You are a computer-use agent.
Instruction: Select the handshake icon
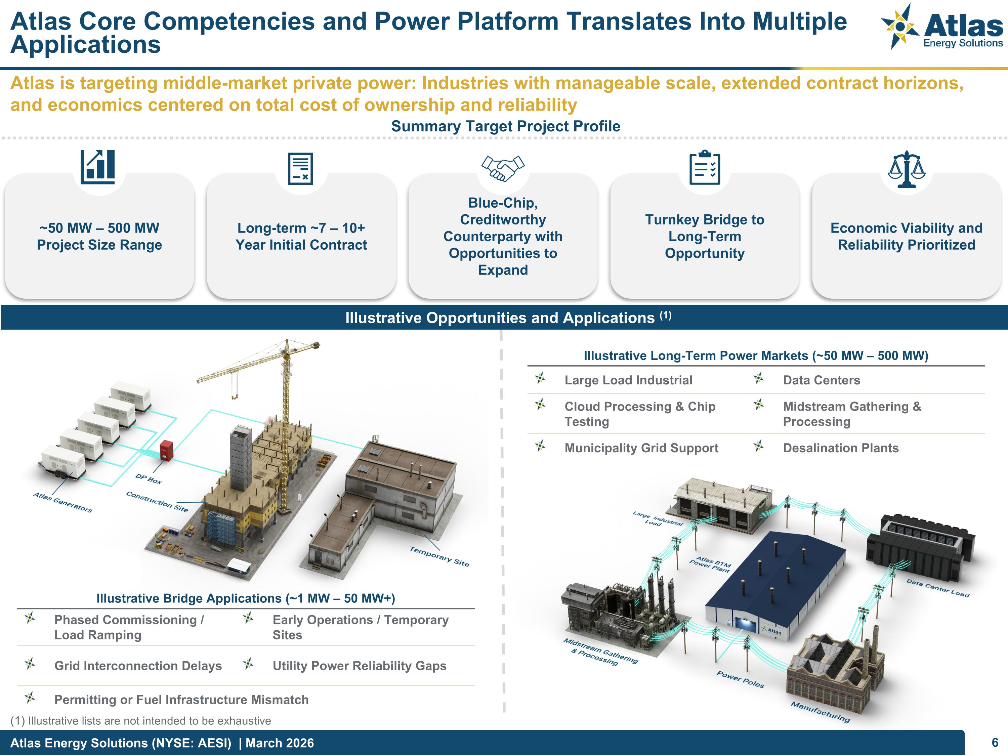point(503,168)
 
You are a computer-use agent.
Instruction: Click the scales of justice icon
point(907,169)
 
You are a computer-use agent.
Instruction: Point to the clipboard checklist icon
point(705,168)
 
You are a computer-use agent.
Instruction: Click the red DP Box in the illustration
point(166,450)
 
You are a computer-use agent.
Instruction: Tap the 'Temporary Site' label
point(439,556)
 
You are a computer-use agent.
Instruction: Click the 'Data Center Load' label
point(937,588)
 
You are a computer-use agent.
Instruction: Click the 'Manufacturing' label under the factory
point(820,711)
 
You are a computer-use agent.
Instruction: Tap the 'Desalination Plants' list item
point(840,448)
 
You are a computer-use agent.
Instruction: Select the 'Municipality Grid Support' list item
point(641,448)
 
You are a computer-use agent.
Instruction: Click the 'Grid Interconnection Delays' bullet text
point(138,666)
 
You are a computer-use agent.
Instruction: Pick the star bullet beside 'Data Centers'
point(758,378)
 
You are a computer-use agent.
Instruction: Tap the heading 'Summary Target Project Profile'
point(505,126)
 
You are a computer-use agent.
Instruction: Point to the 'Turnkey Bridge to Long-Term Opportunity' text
point(705,236)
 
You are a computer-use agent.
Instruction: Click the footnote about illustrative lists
point(140,720)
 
